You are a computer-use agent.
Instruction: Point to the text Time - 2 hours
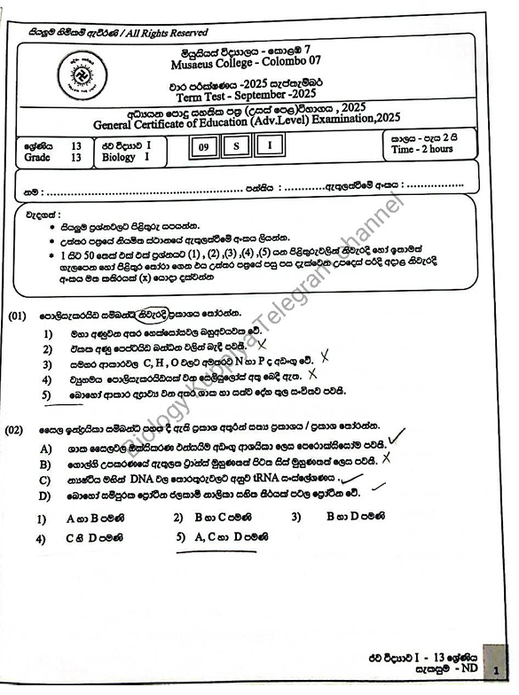click(x=422, y=150)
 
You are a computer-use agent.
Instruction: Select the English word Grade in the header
click(x=38, y=158)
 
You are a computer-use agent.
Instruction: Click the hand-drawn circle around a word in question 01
click(x=140, y=314)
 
